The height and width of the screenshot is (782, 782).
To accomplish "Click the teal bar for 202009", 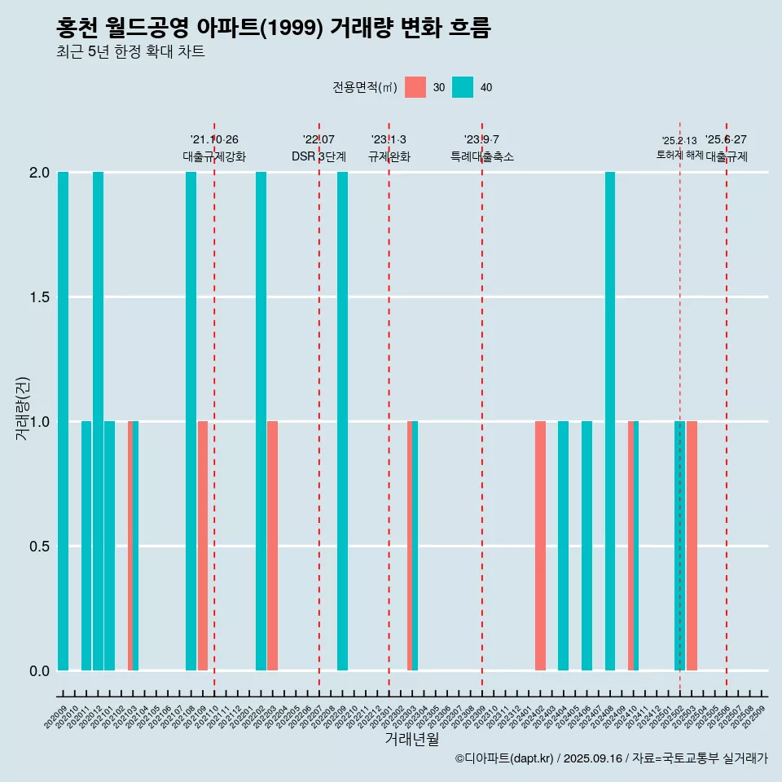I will [63, 421].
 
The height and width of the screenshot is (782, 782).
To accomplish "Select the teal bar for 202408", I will [610, 421].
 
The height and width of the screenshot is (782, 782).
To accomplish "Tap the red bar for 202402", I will [540, 546].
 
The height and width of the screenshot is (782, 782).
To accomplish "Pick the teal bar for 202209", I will [342, 421].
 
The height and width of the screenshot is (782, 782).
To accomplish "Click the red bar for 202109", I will [203, 546].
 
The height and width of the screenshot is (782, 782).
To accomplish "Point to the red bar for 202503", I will [692, 546].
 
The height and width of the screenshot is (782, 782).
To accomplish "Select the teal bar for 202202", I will [261, 421].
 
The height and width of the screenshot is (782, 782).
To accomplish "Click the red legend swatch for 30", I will [415, 87].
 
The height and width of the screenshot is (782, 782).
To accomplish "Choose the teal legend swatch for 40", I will [463, 87].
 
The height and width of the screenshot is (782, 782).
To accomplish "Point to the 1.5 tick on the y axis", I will [37, 297].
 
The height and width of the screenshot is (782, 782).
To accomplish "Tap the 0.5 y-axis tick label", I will [37, 546].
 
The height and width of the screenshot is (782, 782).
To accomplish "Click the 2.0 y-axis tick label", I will [37, 173].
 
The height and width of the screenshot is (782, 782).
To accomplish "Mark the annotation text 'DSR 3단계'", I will [319, 156].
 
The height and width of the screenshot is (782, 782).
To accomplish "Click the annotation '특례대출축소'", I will [482, 156].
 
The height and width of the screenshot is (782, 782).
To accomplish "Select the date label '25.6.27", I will [726, 140].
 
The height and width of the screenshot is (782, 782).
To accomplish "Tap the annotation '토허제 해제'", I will [679, 155].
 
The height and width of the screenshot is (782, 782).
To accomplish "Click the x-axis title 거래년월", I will [411, 740].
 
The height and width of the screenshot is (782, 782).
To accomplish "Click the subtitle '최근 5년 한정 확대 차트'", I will [130, 52].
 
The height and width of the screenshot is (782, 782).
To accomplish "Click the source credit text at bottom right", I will [611, 758].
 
